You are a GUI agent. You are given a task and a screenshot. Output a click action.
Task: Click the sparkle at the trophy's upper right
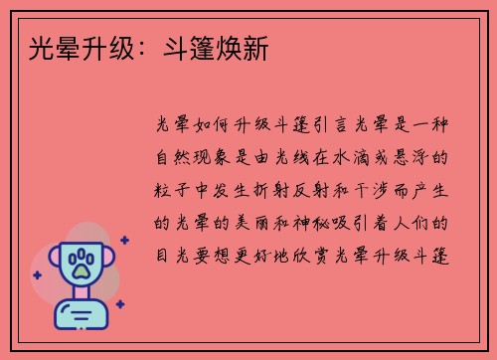click(124, 240)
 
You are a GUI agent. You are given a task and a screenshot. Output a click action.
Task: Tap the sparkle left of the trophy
click(37, 274)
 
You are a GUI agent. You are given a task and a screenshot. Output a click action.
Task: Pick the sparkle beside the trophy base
click(119, 304)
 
